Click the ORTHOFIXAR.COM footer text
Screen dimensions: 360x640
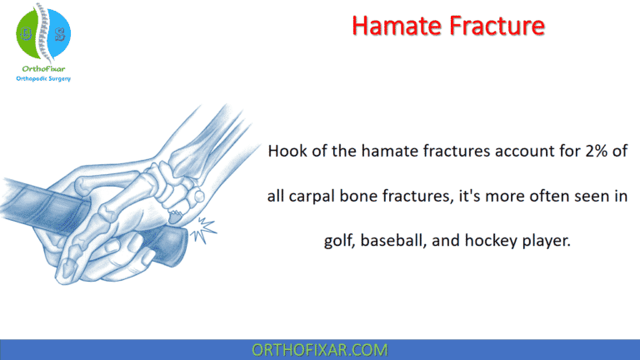coord(320,348)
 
